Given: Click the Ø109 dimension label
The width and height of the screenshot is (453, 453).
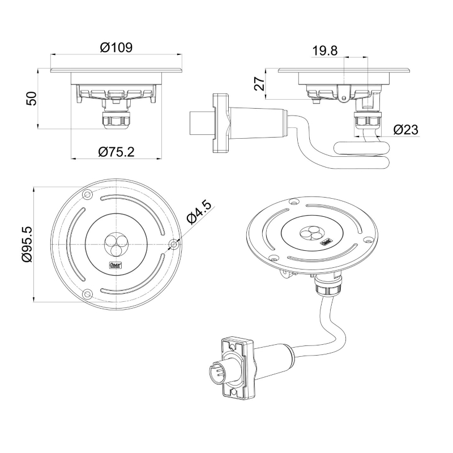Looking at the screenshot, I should [x=116, y=48].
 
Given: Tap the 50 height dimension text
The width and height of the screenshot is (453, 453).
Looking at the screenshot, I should [x=32, y=98].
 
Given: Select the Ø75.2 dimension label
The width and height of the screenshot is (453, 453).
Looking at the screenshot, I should [x=116, y=151].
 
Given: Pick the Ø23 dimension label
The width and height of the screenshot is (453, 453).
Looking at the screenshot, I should [x=405, y=130].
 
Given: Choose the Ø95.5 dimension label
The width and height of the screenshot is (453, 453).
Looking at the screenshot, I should [x=25, y=243].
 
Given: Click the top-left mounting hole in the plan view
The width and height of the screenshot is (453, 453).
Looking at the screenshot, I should [x=87, y=194].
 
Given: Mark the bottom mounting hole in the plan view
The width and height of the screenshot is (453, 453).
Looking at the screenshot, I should [x=87, y=294].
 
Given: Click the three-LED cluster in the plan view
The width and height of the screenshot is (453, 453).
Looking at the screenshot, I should [x=116, y=244].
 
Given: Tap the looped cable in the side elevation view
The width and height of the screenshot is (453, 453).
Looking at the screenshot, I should [x=362, y=153].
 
